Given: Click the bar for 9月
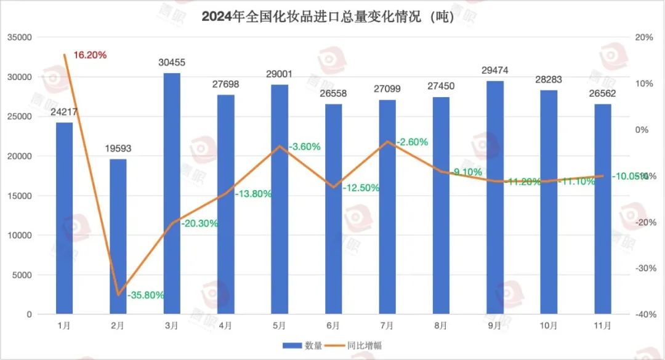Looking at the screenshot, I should point(495,197).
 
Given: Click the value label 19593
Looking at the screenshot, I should point(118,148).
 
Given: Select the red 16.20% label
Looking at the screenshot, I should point(90,55).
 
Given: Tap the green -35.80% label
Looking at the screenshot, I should point(146,295).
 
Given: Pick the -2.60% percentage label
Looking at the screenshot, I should point(413,142).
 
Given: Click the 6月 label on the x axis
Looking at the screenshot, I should point(333,325).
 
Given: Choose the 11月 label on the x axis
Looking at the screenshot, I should point(602,325).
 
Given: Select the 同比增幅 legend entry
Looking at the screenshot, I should point(358,345).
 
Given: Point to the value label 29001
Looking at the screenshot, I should point(280,74).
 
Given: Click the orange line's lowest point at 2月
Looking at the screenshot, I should point(118,295).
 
